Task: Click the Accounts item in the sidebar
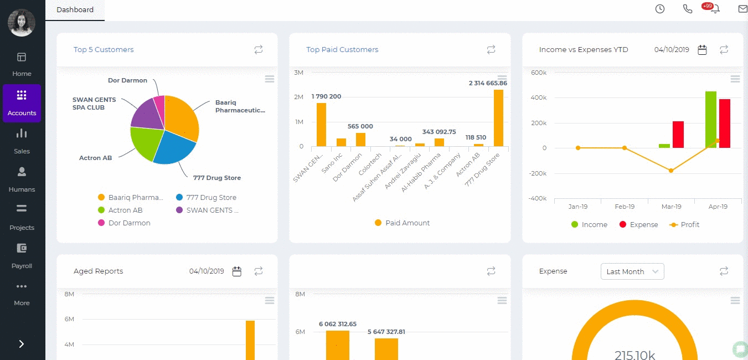pos(22,103)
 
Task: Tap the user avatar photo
pos(22,23)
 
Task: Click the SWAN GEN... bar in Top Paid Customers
pos(321,125)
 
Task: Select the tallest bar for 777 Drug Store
pos(498,118)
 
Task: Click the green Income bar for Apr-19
pos(710,120)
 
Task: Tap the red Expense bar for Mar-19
pos(678,135)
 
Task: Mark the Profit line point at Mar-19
pos(671,171)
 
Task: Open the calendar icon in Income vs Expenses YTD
pos(702,50)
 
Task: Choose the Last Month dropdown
pos(632,271)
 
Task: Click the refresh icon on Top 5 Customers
pos(259,50)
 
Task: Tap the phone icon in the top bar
pos(688,9)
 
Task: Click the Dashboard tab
pos(75,10)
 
